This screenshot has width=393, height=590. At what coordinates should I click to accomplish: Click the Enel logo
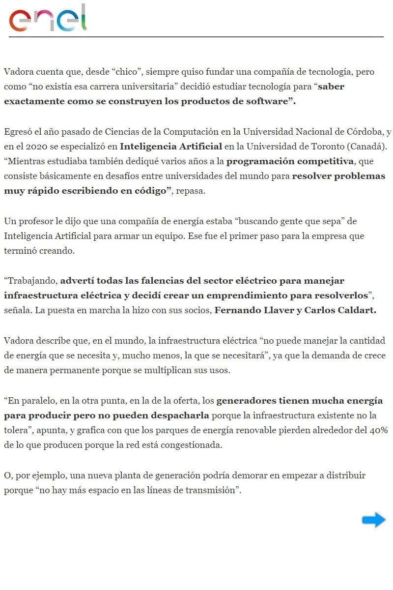tap(48, 19)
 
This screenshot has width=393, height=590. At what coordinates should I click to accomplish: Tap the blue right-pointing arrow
tap(373, 520)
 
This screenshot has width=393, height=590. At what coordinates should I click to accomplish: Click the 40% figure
tap(378, 431)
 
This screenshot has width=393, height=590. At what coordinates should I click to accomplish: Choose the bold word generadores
tap(249, 401)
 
